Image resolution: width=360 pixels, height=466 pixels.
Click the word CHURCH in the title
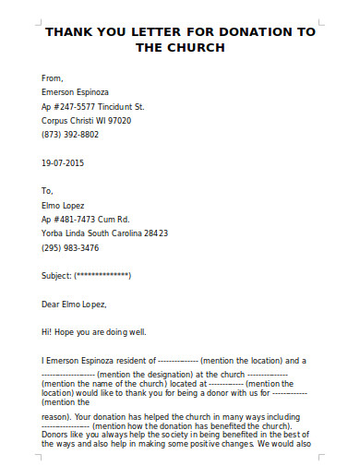tap(193, 47)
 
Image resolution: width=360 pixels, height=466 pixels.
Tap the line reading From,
tap(54, 78)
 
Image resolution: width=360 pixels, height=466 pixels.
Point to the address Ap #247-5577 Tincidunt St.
tap(93, 106)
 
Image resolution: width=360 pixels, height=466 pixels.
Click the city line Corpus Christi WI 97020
tap(87, 120)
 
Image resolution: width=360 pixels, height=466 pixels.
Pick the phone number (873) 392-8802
tap(70, 134)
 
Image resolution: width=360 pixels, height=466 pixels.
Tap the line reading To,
tap(49, 192)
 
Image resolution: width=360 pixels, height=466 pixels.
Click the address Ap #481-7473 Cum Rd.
tap(84, 220)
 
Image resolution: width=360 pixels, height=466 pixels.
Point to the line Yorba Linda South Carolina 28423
tap(105, 233)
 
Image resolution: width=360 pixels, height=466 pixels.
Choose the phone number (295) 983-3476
tap(70, 248)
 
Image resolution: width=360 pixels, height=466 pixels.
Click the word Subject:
tap(56, 276)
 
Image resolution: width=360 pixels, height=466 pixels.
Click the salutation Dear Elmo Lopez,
tap(75, 304)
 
